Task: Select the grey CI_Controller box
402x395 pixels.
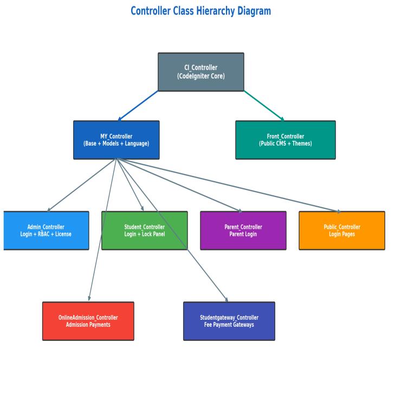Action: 201,71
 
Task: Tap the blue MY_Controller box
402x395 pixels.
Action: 116,140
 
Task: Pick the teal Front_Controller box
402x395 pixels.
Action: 286,140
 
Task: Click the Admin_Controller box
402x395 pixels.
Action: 46,231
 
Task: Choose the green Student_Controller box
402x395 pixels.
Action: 144,231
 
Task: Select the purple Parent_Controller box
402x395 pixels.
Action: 243,231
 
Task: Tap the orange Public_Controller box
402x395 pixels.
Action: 342,231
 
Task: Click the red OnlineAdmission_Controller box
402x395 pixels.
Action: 88,321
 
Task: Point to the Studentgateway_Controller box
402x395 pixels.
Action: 229,321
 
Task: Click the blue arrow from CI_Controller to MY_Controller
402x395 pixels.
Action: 138,106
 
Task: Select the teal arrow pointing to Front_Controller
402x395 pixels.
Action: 264,106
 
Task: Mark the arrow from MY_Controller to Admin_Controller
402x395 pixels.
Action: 82,185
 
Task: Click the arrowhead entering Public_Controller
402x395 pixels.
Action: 339,211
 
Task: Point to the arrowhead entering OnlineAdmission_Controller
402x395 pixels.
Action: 89,298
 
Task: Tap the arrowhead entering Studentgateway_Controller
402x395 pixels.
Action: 226,299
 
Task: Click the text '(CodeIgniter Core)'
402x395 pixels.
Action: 201,76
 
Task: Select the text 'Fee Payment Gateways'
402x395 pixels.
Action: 229,325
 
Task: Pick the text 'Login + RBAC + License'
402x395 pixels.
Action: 46,234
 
